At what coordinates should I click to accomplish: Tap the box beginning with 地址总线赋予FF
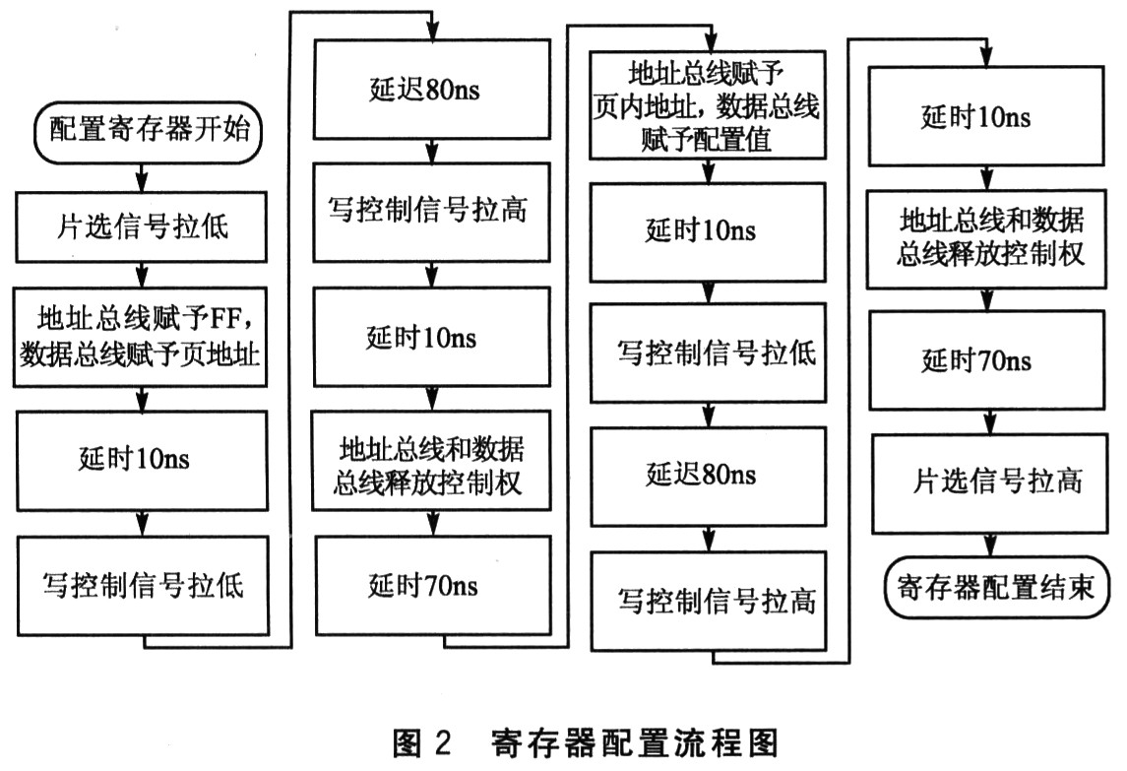[x=144, y=336]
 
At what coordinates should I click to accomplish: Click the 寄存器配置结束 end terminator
[x=994, y=589]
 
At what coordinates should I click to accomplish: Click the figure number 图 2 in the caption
[x=421, y=740]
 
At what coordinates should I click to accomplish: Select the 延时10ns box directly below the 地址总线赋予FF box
[x=144, y=457]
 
